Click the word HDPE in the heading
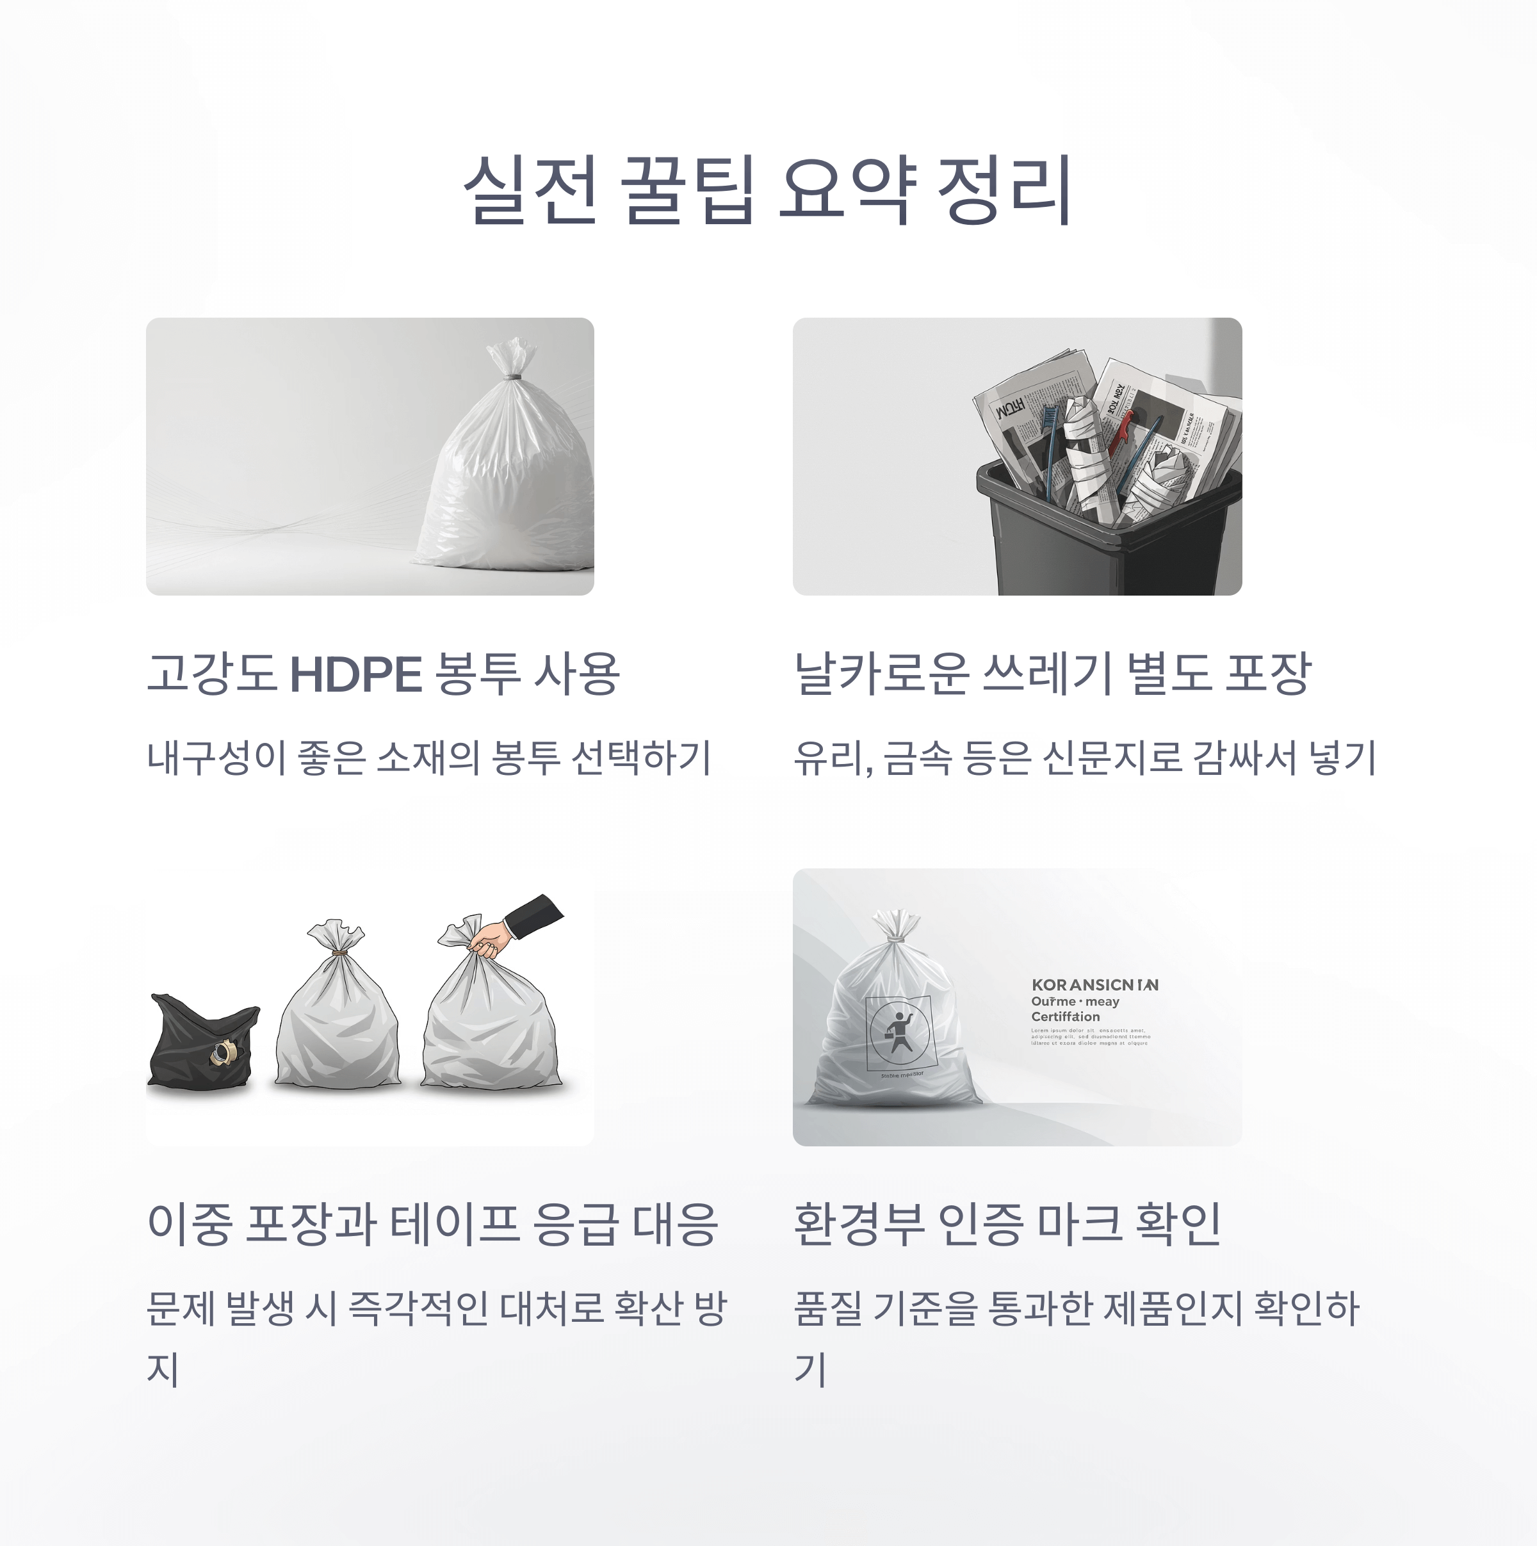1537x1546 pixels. click(x=355, y=674)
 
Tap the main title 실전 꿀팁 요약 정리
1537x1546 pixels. click(x=767, y=190)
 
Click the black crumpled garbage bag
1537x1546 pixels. click(x=202, y=1043)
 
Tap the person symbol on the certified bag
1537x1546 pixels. click(x=899, y=1032)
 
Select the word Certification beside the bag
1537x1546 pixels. click(x=1065, y=1016)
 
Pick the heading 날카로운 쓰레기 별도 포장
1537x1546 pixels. click(x=1052, y=674)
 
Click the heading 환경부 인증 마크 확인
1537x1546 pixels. click(x=1007, y=1225)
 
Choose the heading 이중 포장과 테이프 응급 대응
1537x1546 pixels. click(x=432, y=1225)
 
